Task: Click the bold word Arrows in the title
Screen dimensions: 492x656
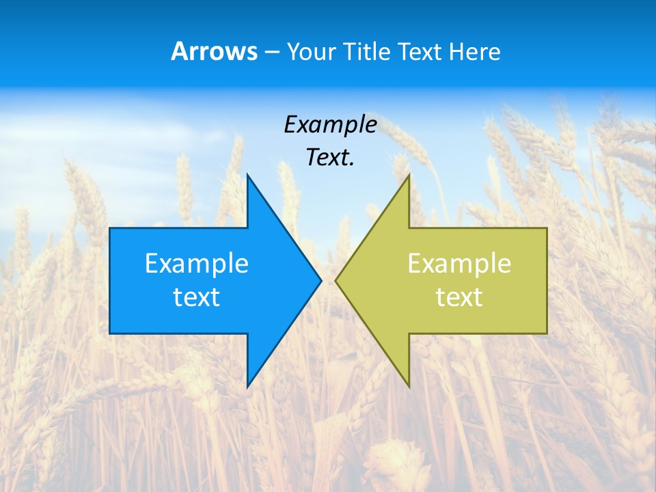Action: [x=214, y=51]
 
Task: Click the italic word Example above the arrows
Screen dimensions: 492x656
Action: [x=330, y=125]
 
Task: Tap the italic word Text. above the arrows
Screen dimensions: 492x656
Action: [x=330, y=158]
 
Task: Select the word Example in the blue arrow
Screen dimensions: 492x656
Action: [x=197, y=263]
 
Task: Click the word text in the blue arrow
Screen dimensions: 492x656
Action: [x=197, y=297]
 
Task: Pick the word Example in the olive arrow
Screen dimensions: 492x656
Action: [x=459, y=263]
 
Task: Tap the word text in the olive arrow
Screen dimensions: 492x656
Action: [x=459, y=297]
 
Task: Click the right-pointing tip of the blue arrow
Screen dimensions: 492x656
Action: [x=320, y=280]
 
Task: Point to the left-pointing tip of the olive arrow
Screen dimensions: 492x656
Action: [x=336, y=280]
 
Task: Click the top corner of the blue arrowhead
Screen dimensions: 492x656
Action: [x=247, y=175]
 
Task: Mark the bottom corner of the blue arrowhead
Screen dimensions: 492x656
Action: [x=247, y=387]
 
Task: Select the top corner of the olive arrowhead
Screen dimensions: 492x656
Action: [x=409, y=175]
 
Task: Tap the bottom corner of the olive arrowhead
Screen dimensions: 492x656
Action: [x=409, y=387]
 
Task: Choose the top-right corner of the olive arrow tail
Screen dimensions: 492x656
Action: [x=547, y=228]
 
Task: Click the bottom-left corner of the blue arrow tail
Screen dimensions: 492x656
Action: [x=110, y=333]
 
